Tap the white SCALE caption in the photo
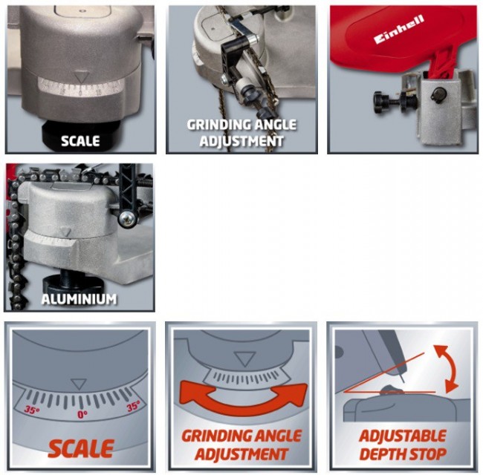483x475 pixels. click(x=80, y=140)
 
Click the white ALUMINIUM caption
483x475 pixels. click(x=78, y=299)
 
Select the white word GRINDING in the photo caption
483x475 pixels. click(x=213, y=125)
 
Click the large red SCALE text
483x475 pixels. click(x=80, y=448)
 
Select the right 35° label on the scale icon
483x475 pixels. click(x=132, y=407)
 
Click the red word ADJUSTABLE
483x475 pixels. click(x=403, y=436)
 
